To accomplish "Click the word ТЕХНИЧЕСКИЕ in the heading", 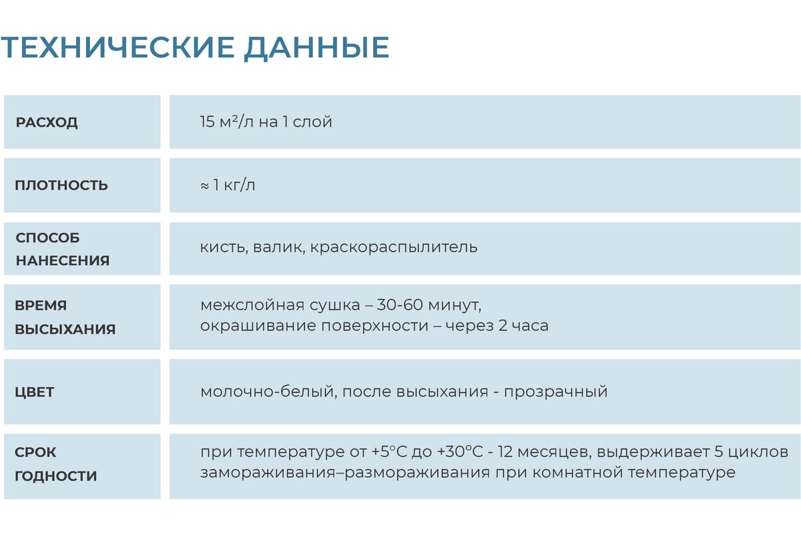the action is point(117,47).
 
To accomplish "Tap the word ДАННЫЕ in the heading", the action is point(317,47).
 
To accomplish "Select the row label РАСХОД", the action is point(47,123).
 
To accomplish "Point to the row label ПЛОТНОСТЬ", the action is point(61,186).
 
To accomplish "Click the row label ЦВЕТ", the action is point(34,392).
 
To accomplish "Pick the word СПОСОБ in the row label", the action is point(47,238).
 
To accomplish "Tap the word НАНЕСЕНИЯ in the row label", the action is point(63,260).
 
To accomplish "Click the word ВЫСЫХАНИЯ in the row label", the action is point(65,329).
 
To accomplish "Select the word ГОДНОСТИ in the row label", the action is point(56,476).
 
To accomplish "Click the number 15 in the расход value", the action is point(207,121).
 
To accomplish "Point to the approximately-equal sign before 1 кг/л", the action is point(204,186).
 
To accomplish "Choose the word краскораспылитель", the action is point(394,248).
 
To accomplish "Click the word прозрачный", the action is point(555,392).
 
